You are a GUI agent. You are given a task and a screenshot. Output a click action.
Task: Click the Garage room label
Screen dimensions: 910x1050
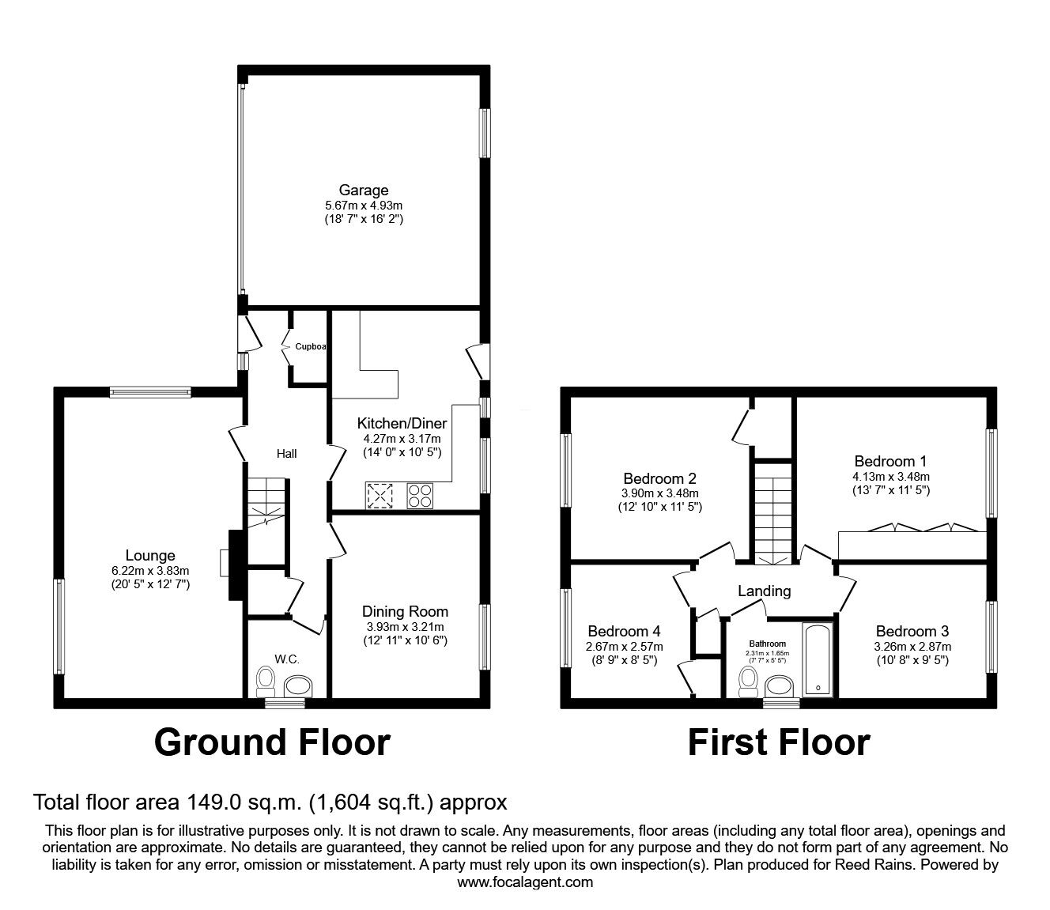[x=364, y=190]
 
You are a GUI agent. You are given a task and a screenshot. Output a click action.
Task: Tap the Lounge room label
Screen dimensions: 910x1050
[x=150, y=556]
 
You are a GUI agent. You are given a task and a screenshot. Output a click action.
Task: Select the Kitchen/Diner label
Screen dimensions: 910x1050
[x=402, y=424]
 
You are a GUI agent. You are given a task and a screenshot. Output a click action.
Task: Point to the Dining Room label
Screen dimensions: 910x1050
[x=405, y=611]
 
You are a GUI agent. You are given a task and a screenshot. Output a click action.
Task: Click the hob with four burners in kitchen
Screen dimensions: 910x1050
[x=420, y=495]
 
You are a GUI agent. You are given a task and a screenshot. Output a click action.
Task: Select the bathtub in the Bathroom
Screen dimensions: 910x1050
[x=818, y=659]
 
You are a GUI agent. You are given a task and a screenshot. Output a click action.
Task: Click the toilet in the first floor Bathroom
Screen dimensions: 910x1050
[x=747, y=681]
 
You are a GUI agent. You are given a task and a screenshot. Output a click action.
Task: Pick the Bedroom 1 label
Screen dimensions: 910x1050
[x=890, y=461]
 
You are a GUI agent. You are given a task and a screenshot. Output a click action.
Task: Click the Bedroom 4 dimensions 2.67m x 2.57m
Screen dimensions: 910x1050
[x=624, y=647]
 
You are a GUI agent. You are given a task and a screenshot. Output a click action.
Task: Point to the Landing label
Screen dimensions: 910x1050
[x=764, y=591]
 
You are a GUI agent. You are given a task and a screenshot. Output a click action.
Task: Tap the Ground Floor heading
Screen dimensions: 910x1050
[x=272, y=742]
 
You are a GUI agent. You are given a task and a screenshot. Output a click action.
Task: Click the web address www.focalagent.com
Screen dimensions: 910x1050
[x=525, y=882]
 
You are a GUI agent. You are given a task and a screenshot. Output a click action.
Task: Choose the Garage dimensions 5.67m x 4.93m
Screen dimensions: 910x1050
[x=364, y=205]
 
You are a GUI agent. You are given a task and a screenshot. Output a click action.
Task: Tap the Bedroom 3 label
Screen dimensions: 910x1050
[x=912, y=631]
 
